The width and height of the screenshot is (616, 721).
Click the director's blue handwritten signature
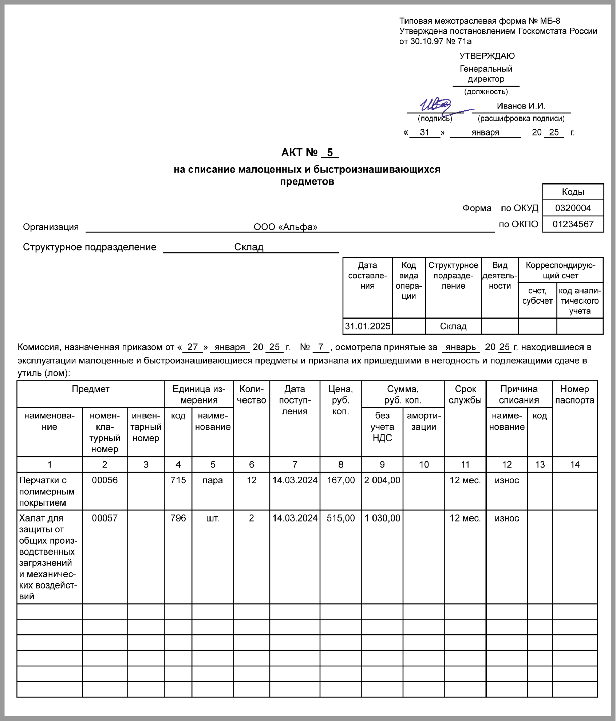437,106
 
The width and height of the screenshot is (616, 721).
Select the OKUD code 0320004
573,208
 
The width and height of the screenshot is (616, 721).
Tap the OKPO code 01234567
573,224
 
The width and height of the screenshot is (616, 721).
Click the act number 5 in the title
330,153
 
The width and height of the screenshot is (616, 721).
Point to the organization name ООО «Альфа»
285,227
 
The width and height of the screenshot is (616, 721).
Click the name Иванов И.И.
521,106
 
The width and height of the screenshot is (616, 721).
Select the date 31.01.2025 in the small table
368,326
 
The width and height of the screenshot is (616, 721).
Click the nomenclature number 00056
105,480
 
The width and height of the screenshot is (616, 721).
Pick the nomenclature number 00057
105,518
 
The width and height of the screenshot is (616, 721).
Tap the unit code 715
178,480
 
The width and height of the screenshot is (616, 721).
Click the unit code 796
178,518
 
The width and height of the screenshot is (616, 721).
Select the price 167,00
341,480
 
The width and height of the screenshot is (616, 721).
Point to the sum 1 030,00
382,518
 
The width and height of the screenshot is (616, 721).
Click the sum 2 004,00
382,480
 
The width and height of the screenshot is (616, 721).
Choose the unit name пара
213,480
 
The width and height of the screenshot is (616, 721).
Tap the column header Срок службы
465,395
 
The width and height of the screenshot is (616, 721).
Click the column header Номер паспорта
574,395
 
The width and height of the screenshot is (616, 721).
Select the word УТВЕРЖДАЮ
487,56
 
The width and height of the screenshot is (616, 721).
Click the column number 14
574,465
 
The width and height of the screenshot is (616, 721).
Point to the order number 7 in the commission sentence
321,347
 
